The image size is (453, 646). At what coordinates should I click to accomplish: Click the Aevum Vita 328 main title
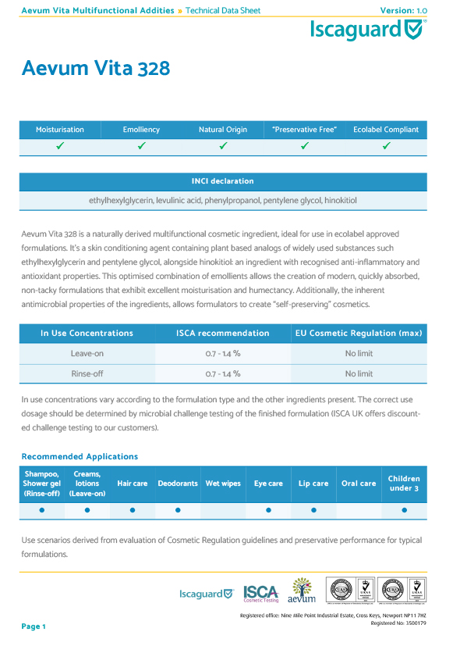[x=96, y=69]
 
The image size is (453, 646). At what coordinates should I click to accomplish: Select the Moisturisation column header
[x=60, y=130]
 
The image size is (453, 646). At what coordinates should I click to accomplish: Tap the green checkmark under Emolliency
[x=141, y=146]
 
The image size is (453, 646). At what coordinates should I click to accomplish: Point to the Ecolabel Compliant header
[x=386, y=130]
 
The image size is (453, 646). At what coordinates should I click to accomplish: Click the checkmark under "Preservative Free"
[x=305, y=146]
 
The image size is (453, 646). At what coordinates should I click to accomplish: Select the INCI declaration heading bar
[x=223, y=181]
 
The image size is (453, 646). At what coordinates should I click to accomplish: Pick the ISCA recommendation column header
[x=223, y=334]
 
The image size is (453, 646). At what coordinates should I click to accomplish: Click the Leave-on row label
[x=87, y=353]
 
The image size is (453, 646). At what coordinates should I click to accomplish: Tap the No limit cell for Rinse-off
[x=359, y=374]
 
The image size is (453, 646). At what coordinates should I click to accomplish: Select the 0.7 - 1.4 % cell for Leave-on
[x=223, y=353]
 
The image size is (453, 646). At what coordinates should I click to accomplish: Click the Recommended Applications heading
[x=80, y=456]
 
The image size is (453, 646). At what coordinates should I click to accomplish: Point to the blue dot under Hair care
[x=133, y=510]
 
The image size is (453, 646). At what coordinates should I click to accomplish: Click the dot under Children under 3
[x=404, y=510]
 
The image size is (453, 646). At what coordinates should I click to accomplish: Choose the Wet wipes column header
[x=223, y=484]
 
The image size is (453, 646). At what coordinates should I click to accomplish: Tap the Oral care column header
[x=359, y=484]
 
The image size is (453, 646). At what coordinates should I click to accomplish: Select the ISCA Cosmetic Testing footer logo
[x=261, y=594]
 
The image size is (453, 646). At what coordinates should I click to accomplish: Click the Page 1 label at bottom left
[x=34, y=626]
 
